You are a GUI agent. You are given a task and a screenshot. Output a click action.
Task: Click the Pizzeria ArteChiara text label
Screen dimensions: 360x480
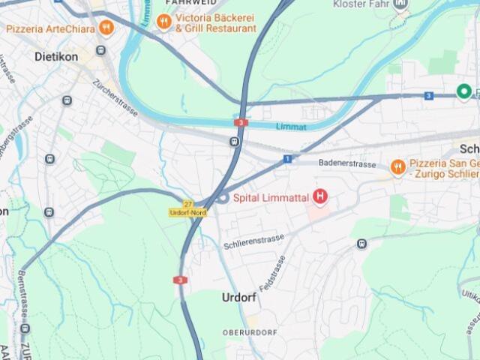(50, 29)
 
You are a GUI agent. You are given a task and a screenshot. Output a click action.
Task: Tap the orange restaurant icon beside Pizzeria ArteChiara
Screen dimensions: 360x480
(106, 28)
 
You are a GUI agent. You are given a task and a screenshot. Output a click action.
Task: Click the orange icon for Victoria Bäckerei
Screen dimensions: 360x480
(163, 22)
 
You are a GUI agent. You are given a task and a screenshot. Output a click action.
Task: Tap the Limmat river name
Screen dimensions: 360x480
(291, 127)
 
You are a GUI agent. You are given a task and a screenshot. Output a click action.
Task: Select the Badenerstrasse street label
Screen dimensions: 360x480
(347, 163)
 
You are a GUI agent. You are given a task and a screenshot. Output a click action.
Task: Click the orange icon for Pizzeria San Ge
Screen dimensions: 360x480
(397, 166)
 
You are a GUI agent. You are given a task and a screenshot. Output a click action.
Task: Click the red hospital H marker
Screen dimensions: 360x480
(320, 197)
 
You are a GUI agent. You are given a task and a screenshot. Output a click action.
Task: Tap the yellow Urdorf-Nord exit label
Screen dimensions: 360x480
(187, 213)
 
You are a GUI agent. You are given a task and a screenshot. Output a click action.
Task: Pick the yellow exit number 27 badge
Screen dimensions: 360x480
(187, 203)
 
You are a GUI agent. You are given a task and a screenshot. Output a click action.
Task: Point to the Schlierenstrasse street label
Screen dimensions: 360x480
(253, 241)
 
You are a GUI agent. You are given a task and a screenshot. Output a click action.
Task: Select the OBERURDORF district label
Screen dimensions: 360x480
(250, 332)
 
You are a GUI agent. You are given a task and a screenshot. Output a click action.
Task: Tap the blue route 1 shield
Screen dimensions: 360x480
(287, 159)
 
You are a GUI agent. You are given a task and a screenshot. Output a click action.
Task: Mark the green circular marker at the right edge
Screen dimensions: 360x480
(464, 92)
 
